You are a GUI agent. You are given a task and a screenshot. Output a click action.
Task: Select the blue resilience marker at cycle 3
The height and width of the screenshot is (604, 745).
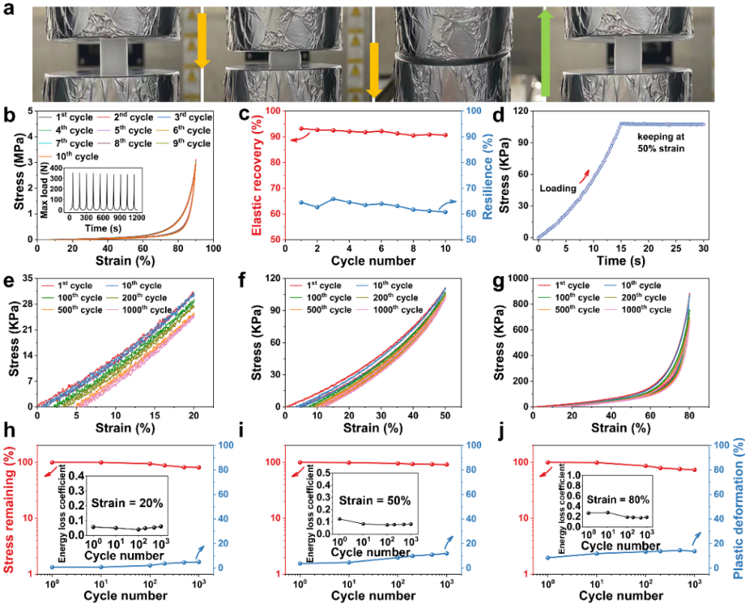[333, 200]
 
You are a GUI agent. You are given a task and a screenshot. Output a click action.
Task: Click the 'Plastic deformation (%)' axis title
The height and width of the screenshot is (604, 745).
[737, 509]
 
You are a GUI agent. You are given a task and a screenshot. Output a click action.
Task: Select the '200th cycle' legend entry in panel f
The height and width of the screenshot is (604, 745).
[393, 298]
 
